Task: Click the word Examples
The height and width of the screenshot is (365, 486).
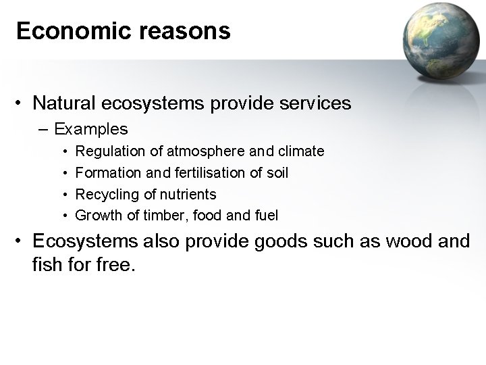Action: (91, 128)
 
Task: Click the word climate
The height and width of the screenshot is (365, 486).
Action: (301, 151)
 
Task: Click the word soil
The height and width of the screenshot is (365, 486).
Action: (277, 173)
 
